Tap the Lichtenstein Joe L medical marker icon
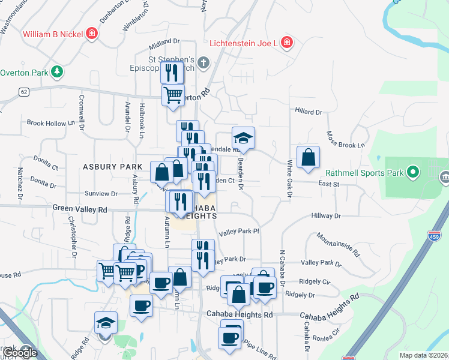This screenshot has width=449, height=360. pyautogui.click(x=287, y=43)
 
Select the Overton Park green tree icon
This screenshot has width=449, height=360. pyautogui.click(x=57, y=72)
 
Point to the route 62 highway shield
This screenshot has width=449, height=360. pyautogui.click(x=23, y=92)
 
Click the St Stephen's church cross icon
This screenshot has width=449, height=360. pyautogui.click(x=203, y=62)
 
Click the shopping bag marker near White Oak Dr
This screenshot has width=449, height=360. pyautogui.click(x=307, y=158)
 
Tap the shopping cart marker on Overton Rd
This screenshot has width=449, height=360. pyautogui.click(x=173, y=94)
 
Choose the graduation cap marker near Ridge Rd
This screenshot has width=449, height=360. pyautogui.click(x=105, y=323)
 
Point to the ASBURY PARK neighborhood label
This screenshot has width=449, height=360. pyautogui.click(x=112, y=166)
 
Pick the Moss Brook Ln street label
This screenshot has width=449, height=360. pyautogui.click(x=345, y=140)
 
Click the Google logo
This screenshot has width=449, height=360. pyautogui.click(x=19, y=353)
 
